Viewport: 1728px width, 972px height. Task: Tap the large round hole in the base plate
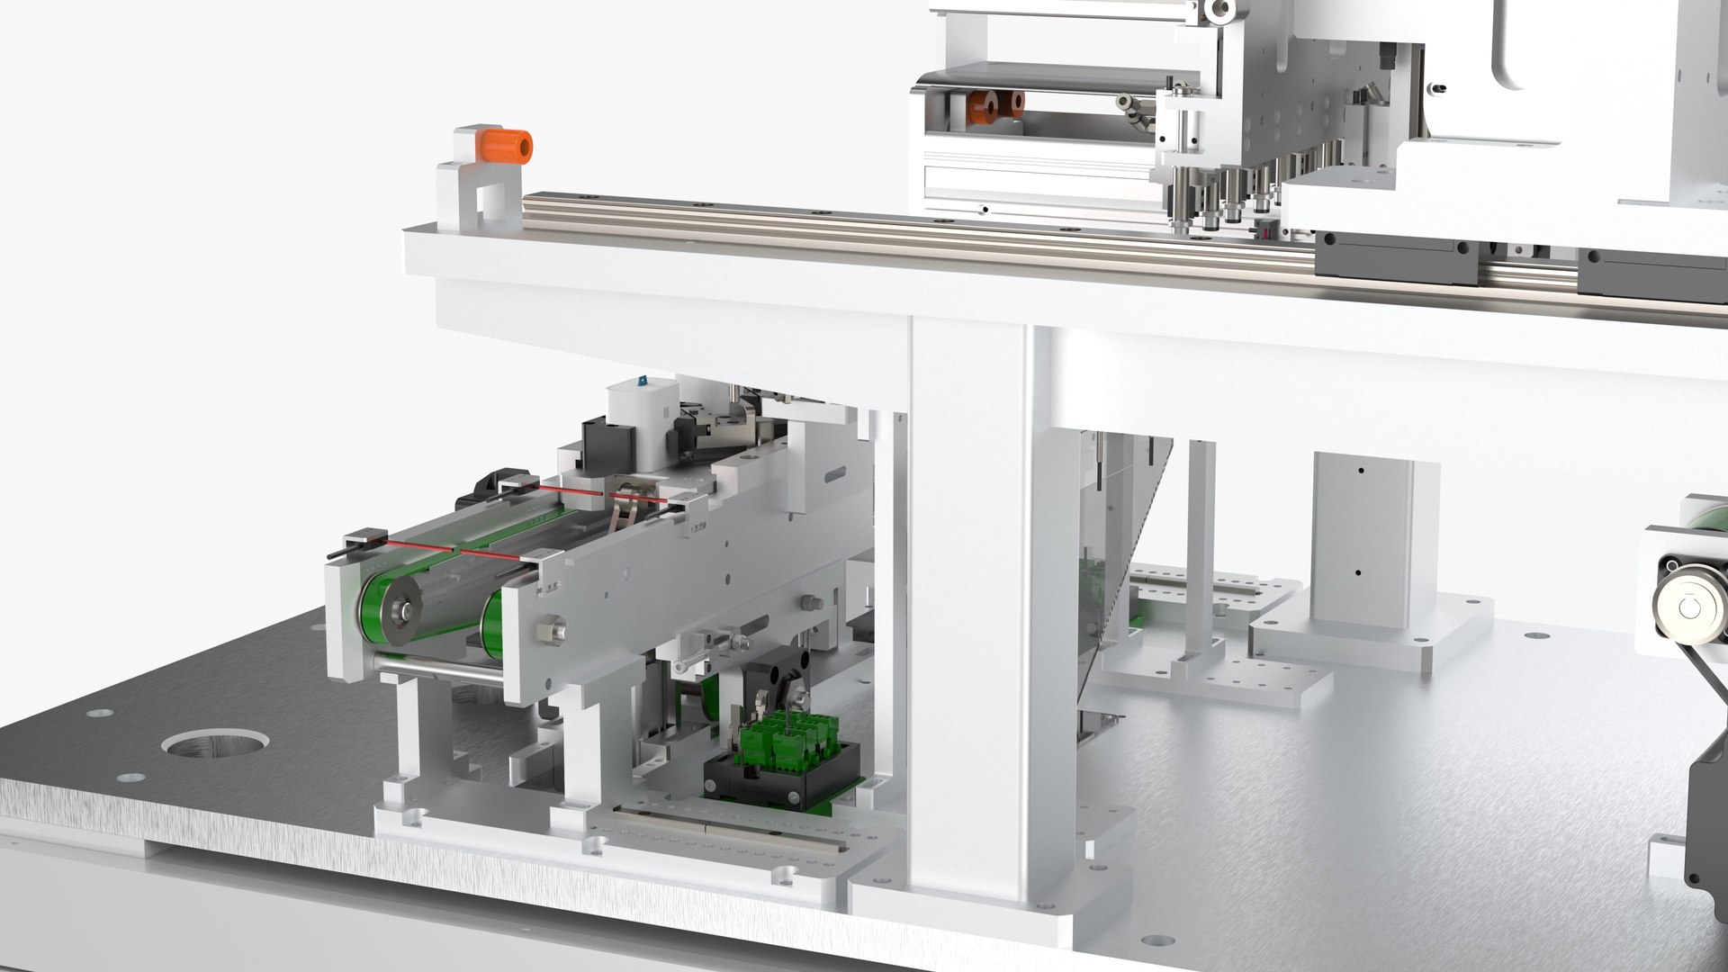(x=216, y=744)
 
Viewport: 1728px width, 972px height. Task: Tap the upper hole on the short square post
(x=1361, y=471)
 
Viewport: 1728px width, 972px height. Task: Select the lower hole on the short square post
(x=1359, y=572)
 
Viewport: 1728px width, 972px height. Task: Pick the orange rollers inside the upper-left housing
(x=994, y=106)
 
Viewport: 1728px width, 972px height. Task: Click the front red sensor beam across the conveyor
(x=450, y=551)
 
